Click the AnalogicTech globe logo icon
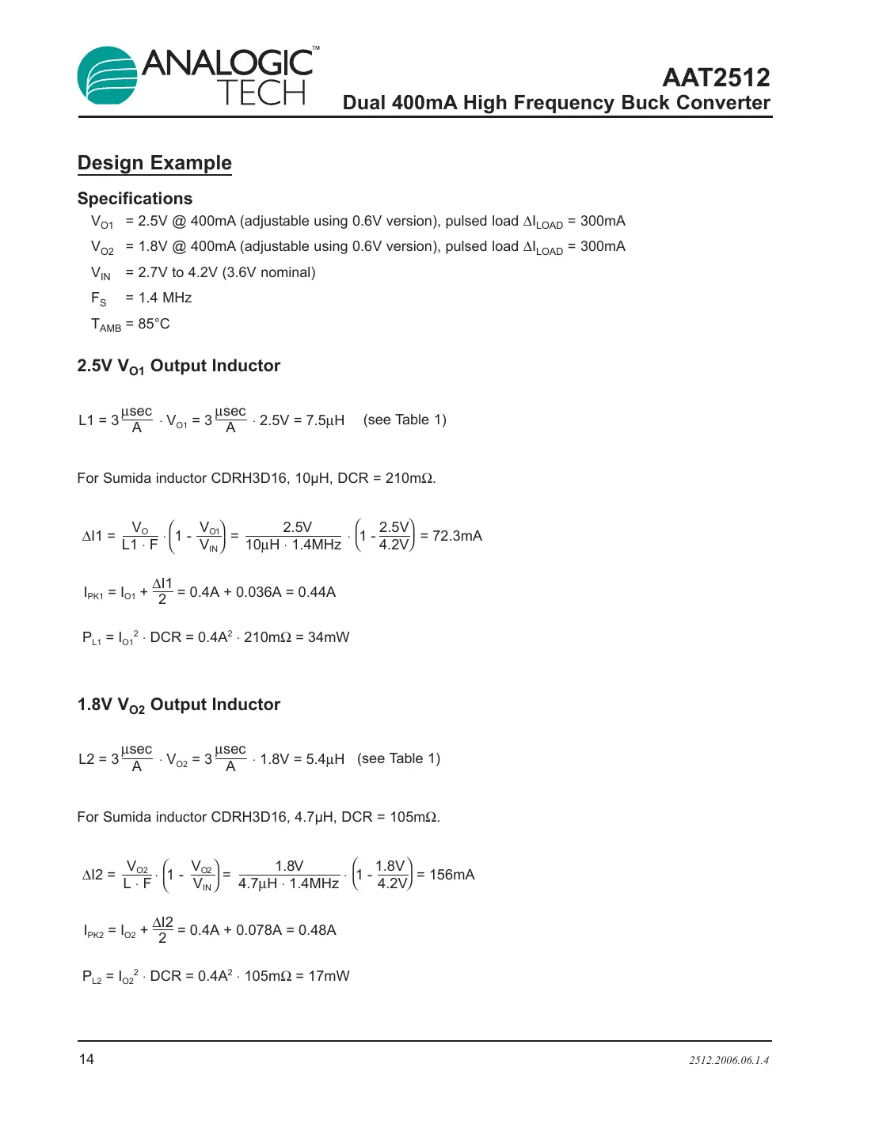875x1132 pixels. point(108,76)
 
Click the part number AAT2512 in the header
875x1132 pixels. point(716,78)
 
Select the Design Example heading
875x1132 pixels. point(154,163)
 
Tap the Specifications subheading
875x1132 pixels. point(135,199)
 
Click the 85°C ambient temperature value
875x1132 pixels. point(154,324)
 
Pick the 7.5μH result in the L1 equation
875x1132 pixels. point(325,420)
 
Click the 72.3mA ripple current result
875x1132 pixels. point(457,536)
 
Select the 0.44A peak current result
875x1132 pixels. point(317,592)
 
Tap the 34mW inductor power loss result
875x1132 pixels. point(329,637)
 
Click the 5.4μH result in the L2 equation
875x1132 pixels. point(325,759)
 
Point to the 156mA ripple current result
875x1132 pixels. point(452,875)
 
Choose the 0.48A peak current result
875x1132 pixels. point(318,930)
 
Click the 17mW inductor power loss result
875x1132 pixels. point(329,976)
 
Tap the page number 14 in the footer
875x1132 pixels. point(86,1059)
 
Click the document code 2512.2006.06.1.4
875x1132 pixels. point(729,1061)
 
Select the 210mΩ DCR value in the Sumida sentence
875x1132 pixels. point(409,478)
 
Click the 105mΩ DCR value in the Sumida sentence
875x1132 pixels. point(413,817)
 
